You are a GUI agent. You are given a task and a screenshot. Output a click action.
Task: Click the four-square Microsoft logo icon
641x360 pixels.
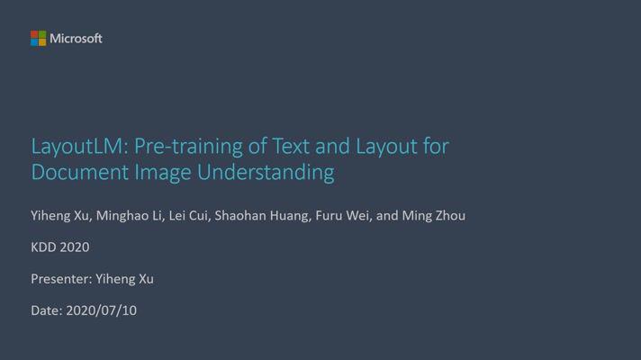coord(38,38)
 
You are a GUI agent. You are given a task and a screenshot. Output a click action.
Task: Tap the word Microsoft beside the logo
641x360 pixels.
coord(76,38)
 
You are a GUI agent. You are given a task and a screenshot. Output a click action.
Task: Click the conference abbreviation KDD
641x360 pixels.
coord(44,247)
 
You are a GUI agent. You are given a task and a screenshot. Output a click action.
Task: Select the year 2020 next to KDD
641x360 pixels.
coord(75,247)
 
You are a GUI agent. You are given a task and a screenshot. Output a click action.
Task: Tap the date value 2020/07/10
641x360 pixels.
coord(102,310)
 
